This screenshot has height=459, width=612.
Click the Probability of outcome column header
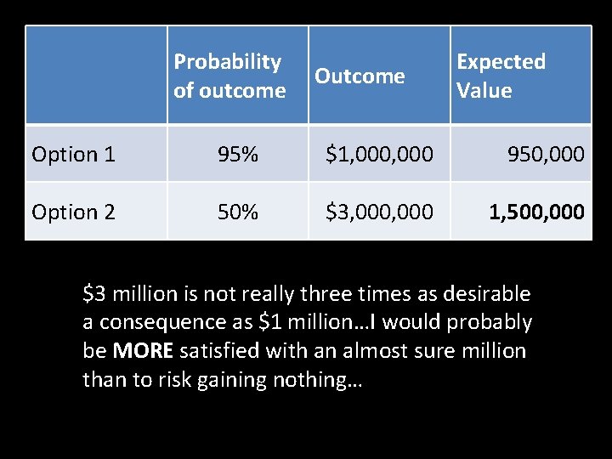click(x=229, y=76)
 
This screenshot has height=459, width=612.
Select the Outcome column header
click(x=360, y=76)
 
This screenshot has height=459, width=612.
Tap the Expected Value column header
click(x=501, y=76)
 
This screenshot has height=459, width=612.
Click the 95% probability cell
click(x=238, y=154)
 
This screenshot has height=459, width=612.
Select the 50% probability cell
click(x=238, y=212)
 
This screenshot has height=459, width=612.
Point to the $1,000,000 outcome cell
click(x=380, y=154)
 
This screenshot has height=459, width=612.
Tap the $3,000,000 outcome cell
click(x=380, y=212)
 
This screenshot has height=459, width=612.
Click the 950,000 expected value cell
click(x=546, y=154)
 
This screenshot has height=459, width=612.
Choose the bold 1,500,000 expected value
click(x=536, y=212)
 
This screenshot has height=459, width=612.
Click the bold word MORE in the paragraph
click(x=144, y=351)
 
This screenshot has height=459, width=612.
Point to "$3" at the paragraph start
click(x=93, y=294)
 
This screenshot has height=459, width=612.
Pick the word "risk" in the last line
click(x=175, y=380)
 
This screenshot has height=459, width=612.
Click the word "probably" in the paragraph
click(x=492, y=323)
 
